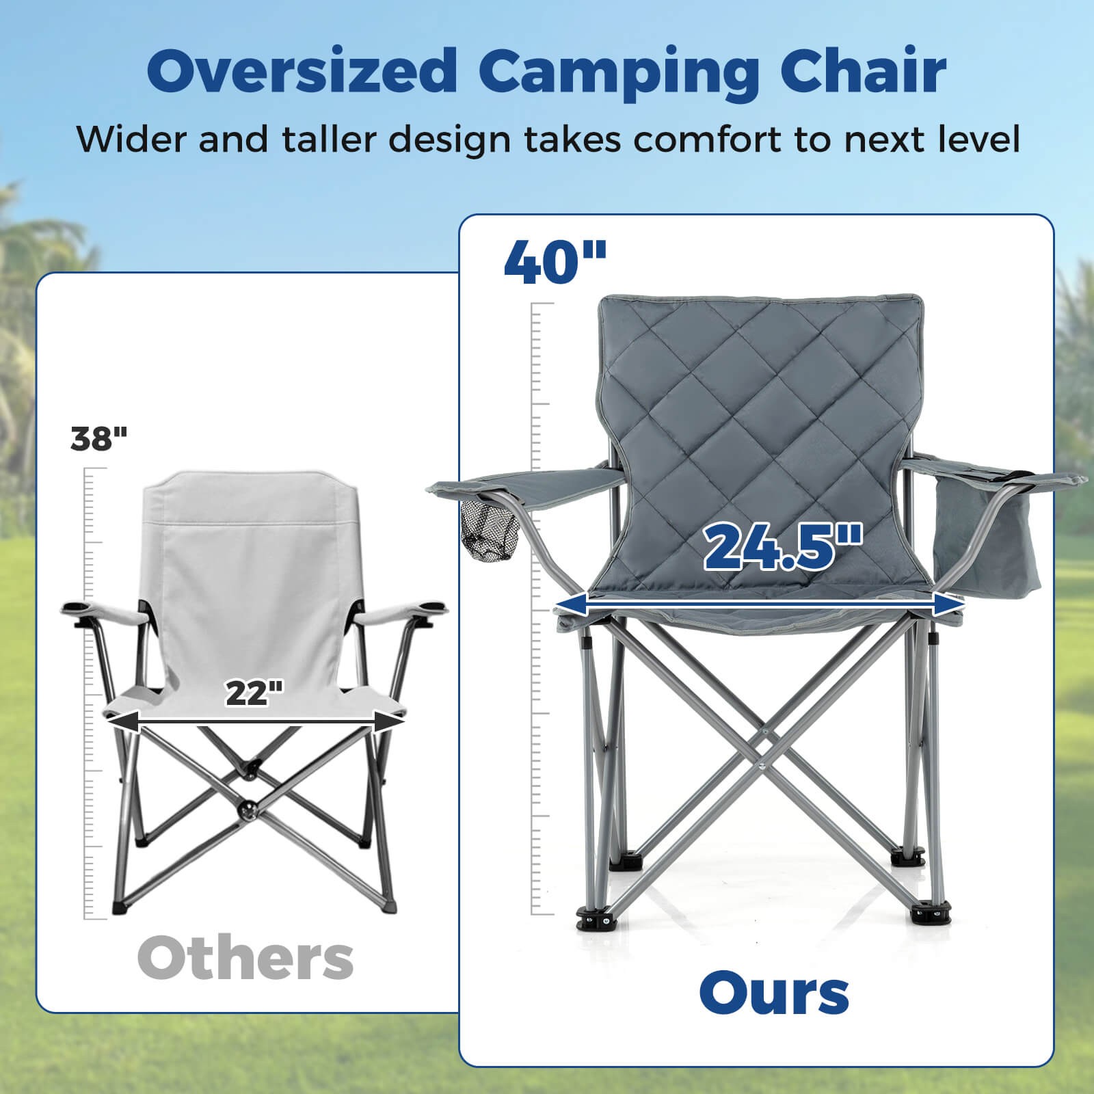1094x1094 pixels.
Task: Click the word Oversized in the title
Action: [302, 70]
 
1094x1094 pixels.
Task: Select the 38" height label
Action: [99, 438]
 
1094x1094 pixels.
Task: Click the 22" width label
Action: [254, 693]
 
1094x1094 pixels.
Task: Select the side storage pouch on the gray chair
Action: [988, 540]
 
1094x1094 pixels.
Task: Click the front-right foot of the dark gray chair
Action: [932, 912]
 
